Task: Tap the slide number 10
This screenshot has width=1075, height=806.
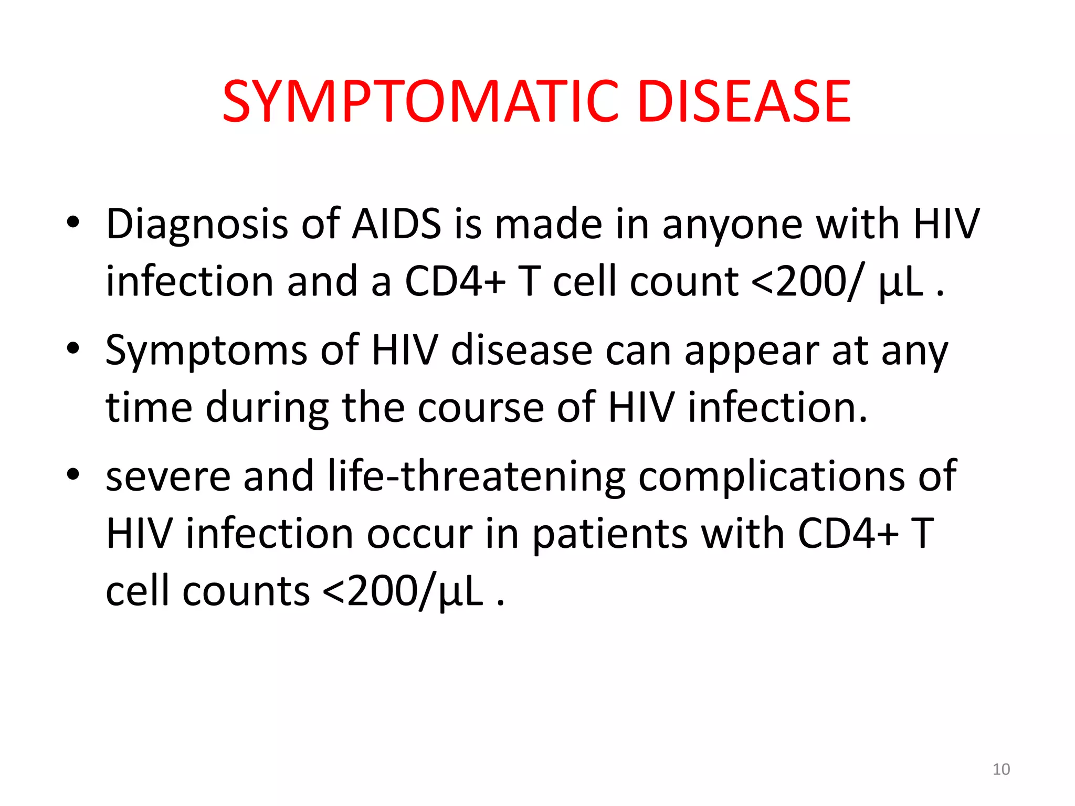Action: (x=1001, y=769)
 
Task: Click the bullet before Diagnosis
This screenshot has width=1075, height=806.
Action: (x=73, y=222)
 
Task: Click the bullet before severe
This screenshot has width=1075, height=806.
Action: (x=73, y=474)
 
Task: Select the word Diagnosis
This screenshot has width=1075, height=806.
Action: (x=197, y=225)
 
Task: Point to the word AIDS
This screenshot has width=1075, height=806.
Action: (x=396, y=225)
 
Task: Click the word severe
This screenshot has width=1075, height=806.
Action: (x=168, y=476)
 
